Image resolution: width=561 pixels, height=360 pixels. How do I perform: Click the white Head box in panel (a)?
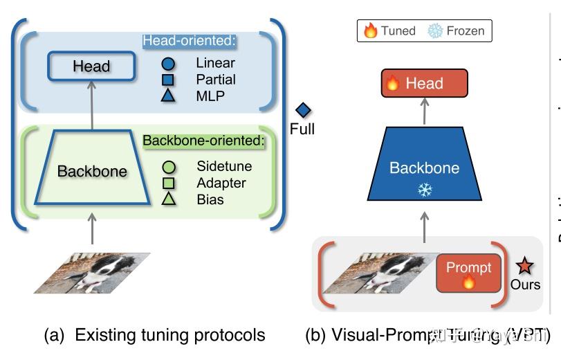91,66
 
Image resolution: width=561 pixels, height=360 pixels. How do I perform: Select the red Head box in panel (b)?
424,84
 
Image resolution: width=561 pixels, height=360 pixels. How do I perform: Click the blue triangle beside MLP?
168,96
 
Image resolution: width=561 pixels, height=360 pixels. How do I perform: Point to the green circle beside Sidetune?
168,167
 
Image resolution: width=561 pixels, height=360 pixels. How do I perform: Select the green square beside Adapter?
168,183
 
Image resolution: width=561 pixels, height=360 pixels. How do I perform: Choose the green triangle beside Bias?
168,199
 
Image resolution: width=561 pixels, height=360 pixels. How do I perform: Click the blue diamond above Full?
303,110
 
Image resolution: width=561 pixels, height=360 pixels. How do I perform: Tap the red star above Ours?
525,265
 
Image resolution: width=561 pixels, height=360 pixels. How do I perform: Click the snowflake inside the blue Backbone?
425,190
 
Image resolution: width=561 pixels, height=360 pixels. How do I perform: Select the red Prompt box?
468,273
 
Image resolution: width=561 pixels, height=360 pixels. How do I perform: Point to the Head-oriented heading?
190,41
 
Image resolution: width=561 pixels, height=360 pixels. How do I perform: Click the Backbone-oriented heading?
204,141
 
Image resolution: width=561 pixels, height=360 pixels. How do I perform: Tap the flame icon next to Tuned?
371,31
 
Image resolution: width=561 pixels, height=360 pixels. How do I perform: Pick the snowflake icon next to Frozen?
434,31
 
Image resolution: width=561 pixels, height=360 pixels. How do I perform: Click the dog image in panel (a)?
91,272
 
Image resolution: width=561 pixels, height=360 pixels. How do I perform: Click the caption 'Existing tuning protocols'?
169,336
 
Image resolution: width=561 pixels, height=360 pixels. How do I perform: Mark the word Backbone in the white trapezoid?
92,171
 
